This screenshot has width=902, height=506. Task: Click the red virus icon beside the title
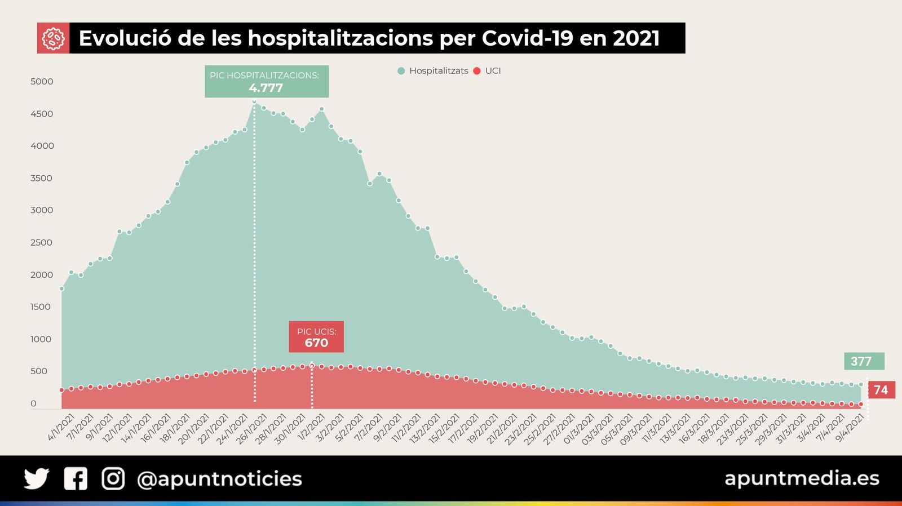click(53, 38)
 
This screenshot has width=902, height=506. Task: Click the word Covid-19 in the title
click(528, 38)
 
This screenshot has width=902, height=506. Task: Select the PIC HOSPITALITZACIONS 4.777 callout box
click(266, 82)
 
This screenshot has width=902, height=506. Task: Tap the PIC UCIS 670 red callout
click(316, 337)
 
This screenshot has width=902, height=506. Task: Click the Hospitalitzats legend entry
click(433, 71)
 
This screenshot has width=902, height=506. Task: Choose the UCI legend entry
click(488, 71)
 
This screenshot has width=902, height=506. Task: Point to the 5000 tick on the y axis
click(42, 82)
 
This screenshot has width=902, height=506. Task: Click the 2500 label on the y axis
click(42, 243)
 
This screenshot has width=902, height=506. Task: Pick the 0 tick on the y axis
click(33, 404)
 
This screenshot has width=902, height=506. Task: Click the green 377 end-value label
click(863, 361)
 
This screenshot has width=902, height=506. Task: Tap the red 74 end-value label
click(881, 390)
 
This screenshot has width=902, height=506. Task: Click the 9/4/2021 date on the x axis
click(850, 428)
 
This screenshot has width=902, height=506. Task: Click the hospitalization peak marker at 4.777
click(254, 101)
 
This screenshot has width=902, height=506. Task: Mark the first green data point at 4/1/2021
click(62, 289)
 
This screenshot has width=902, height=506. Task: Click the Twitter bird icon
click(37, 478)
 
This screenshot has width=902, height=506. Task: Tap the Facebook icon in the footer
click(76, 478)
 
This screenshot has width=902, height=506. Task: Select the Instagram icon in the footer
click(113, 478)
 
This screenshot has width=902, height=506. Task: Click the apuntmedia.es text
click(802, 478)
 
